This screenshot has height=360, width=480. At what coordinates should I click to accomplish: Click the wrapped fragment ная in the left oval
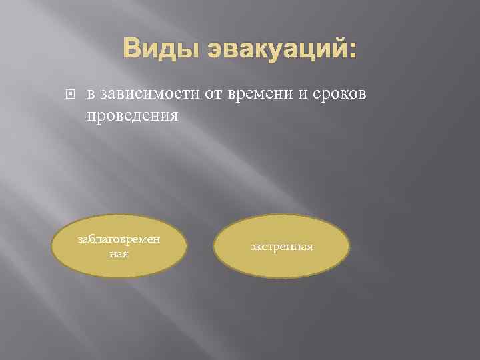click(120, 253)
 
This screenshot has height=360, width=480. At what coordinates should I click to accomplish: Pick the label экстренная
click(281, 247)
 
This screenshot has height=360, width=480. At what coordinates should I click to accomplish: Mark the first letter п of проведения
click(91, 115)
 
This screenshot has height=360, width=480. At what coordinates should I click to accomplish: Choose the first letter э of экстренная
click(253, 247)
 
